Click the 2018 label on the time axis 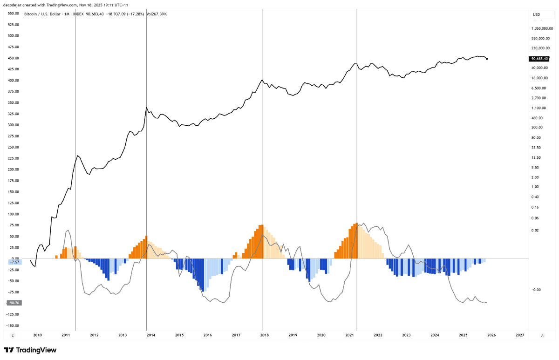[265, 335]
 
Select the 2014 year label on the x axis [151, 335]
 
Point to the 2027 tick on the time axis [520, 335]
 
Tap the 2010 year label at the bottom [37, 335]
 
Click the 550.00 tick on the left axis [14, 14]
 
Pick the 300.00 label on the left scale [14, 125]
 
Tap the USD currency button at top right [537, 14]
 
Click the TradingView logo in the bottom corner [30, 350]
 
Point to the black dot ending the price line [487, 58]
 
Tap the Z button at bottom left [13, 335]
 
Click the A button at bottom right [542, 335]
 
